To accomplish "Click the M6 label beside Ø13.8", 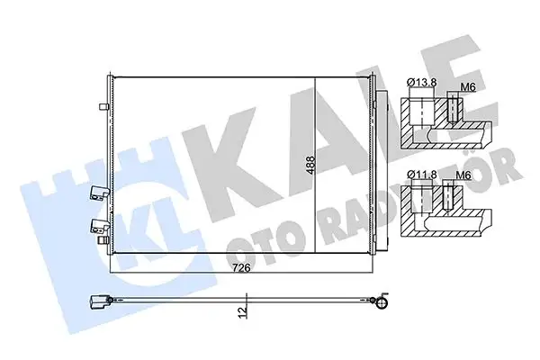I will point(466,87).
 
